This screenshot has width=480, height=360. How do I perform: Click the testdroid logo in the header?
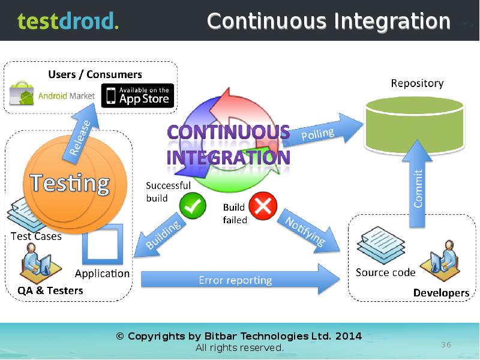click(67, 21)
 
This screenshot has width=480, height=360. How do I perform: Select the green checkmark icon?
click(193, 206)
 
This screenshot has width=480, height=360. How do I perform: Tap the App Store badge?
click(137, 95)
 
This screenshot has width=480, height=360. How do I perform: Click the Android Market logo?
click(53, 95)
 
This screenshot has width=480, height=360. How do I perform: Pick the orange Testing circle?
click(70, 183)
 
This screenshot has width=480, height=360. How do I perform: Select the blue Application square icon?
click(102, 244)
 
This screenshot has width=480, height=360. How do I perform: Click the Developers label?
click(441, 293)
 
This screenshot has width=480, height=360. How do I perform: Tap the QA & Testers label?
click(50, 291)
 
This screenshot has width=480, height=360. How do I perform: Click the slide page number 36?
click(446, 344)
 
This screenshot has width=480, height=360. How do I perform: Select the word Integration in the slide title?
click(392, 22)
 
